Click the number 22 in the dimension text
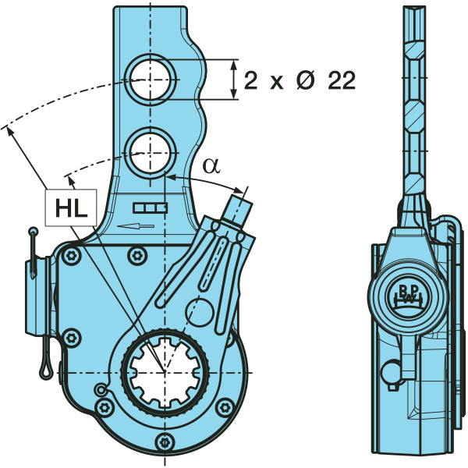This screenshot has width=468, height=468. click(341, 81)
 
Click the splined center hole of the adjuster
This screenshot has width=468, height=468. click(165, 373)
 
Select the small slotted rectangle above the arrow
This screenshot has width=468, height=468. click(151, 207)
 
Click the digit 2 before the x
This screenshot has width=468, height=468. click(250, 81)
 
